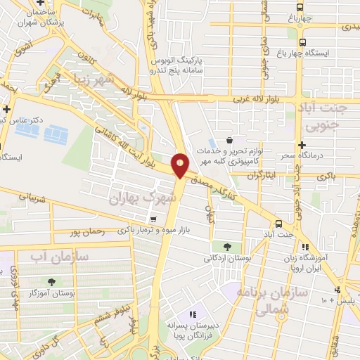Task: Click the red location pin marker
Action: (x=181, y=165)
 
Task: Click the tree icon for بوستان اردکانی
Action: (x=227, y=246)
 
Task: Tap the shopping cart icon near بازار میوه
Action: (x=152, y=219)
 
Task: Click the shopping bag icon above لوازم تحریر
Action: (x=230, y=139)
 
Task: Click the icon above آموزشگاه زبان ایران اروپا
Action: (x=304, y=247)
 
